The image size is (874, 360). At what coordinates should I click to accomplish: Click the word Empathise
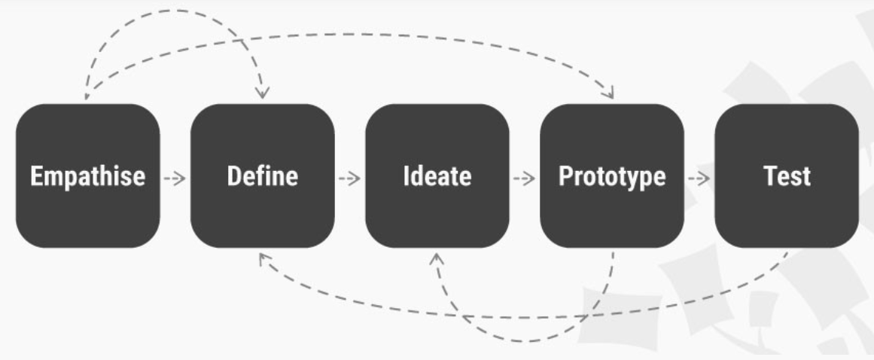coord(87,177)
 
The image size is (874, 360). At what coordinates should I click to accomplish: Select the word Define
coord(263,177)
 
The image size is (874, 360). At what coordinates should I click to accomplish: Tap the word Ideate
coord(437,177)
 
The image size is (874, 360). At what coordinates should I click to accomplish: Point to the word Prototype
coord(612,177)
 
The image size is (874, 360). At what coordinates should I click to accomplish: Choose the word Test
coord(786,177)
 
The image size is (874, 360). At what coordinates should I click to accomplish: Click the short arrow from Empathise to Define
coord(175,178)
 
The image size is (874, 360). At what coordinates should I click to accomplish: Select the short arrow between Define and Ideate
coord(349,178)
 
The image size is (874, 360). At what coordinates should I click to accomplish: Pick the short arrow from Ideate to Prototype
coord(524,178)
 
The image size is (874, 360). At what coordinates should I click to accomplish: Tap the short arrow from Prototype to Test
coord(699,178)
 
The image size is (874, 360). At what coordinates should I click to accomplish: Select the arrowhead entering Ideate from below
coord(437,259)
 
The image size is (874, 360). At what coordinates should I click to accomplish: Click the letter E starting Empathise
coord(35,177)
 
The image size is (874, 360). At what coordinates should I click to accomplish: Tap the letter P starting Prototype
coord(565,177)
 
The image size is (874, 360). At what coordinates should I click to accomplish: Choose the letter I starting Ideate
coord(406,177)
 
